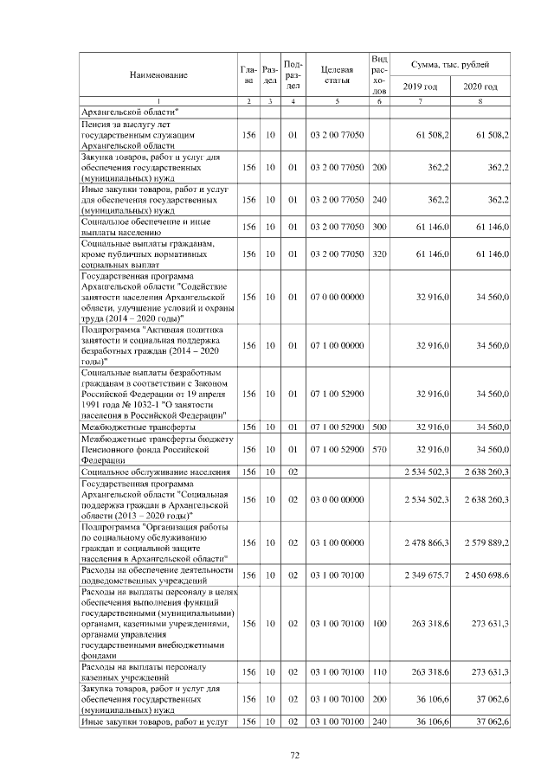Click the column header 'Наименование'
pos(158,75)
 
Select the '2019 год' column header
pos(420,87)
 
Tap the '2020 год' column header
pos(480,87)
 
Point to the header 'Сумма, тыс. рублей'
pos(450,65)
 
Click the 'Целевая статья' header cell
pos(336,75)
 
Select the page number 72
pos(294,755)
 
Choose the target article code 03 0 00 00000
pos(336,499)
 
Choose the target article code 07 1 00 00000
pos(336,346)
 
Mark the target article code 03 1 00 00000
pos(336,542)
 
